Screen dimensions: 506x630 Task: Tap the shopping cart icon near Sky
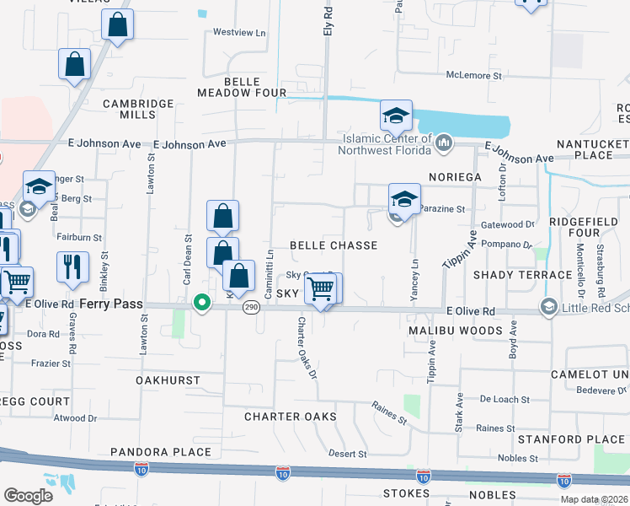pos(321,289)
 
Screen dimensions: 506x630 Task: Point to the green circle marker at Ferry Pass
pos(200,302)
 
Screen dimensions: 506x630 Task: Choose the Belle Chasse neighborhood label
pos(333,245)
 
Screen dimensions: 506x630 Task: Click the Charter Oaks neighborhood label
pos(290,417)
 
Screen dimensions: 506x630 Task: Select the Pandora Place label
pos(160,452)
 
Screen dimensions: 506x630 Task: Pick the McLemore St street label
pos(474,76)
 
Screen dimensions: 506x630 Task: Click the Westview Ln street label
pos(239,33)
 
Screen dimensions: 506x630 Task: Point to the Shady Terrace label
pos(522,275)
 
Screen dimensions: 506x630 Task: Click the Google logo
pos(29,495)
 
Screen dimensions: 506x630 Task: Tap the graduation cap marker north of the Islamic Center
pos(396,116)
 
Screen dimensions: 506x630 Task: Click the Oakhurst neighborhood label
pos(168,380)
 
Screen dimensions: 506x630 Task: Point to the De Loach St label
pos(504,399)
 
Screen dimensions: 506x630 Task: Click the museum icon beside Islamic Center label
pos(444,145)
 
